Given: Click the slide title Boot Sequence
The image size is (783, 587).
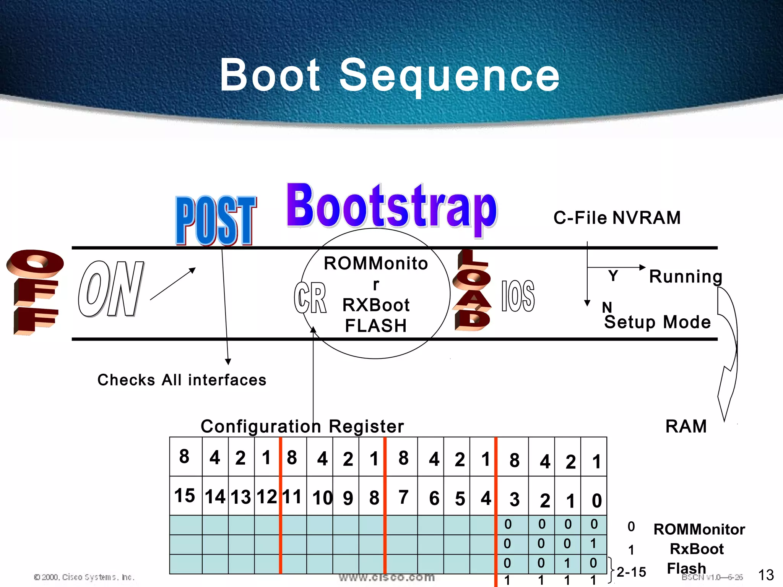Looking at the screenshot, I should [x=390, y=75].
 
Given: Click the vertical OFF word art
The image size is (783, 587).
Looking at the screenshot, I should [x=34, y=292].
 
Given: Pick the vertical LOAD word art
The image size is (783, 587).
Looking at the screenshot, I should [x=472, y=290].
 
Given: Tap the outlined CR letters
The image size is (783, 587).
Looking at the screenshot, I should [x=310, y=298].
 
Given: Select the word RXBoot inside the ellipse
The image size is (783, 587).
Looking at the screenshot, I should [x=376, y=305].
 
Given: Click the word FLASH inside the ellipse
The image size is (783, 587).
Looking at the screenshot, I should [x=376, y=326].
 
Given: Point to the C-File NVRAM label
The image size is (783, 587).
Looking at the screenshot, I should [x=617, y=218].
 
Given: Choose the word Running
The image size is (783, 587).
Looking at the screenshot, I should [x=686, y=276].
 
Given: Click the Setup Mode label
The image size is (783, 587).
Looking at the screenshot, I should [x=657, y=322].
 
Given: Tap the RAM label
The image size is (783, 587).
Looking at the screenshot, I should [x=686, y=426].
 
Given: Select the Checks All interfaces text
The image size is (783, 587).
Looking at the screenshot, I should [x=182, y=380].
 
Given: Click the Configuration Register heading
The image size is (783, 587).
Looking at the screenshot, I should [x=302, y=426].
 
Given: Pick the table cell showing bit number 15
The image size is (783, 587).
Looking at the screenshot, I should [x=185, y=496].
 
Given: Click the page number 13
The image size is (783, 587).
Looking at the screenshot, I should [x=766, y=575].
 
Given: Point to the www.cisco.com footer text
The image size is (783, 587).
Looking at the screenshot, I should [x=387, y=577].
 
